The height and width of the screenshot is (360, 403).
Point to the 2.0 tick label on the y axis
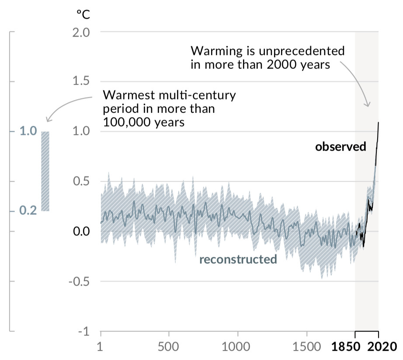click(x=80, y=32)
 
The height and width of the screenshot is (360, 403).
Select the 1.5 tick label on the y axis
click(x=80, y=82)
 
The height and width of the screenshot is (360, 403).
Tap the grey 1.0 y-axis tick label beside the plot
click(x=80, y=132)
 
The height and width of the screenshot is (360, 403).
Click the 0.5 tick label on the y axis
click(x=80, y=181)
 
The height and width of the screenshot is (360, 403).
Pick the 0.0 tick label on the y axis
click(x=80, y=231)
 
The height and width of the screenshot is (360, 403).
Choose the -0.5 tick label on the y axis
click(x=78, y=281)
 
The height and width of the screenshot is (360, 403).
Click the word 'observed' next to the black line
click(x=340, y=147)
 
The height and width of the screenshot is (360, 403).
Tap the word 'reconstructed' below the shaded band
click(x=238, y=260)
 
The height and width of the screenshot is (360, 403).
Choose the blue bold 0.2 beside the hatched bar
click(x=28, y=211)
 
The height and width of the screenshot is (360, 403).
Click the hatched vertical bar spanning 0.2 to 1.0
click(x=45, y=171)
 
